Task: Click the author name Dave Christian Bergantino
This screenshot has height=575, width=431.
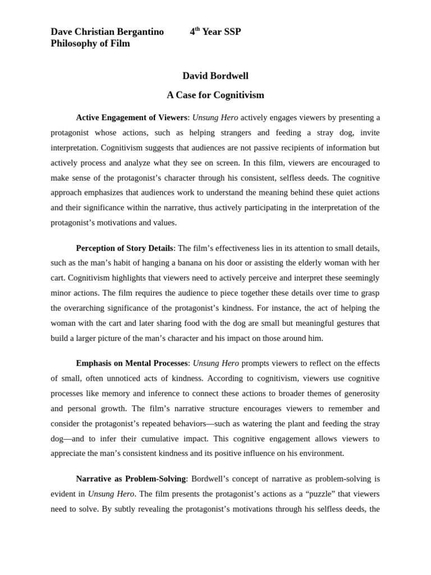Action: point(107,32)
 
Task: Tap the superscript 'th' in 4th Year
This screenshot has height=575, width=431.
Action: point(198,29)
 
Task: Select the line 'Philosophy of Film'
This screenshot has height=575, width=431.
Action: point(90,44)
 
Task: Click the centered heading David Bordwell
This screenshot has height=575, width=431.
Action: point(215,76)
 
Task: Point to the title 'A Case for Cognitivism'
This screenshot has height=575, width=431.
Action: point(215,95)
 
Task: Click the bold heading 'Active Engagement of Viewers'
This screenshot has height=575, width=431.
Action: point(131,118)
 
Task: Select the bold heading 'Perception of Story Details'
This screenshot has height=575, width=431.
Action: point(125,248)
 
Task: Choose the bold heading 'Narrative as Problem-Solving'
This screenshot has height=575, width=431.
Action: point(131,479)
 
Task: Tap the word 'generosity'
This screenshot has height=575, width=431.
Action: point(357,393)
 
